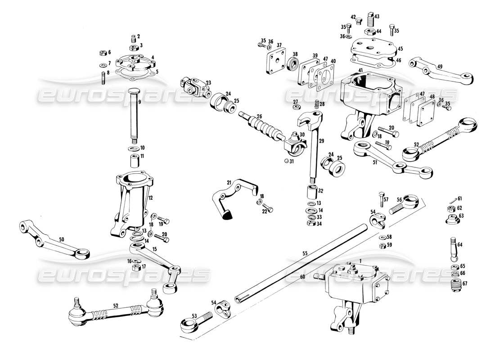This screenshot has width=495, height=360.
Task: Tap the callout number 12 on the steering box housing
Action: [151, 197]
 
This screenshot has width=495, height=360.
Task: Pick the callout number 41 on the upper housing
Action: [360, 71]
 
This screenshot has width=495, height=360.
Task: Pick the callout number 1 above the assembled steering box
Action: [360, 260]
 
